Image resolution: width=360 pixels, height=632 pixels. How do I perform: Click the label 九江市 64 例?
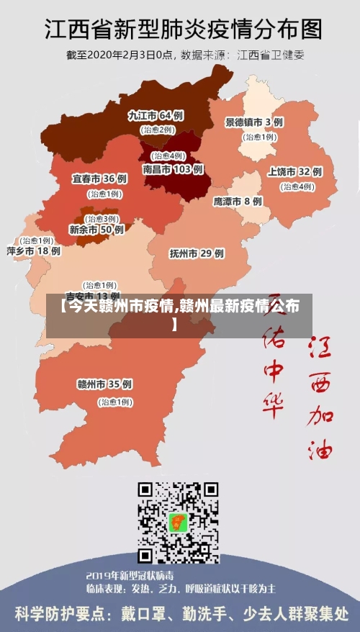(x=156, y=115)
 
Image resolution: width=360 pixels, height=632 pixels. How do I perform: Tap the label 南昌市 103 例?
(x=173, y=170)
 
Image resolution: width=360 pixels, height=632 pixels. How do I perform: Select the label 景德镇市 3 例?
(x=254, y=122)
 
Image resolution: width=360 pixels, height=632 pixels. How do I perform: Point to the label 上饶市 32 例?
(x=294, y=172)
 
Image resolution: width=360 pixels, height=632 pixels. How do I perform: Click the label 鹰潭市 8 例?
(x=238, y=202)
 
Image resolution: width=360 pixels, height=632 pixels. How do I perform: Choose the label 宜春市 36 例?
(x=99, y=179)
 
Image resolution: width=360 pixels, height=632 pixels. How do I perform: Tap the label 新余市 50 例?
(x=96, y=230)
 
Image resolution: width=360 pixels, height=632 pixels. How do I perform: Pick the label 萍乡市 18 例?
(x=33, y=251)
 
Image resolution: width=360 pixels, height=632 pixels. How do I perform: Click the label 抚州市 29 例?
(x=197, y=253)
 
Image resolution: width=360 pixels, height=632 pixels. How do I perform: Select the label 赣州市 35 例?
(x=104, y=384)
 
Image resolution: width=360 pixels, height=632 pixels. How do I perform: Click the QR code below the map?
(x=179, y=523)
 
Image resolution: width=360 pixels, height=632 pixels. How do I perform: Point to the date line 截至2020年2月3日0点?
(x=120, y=54)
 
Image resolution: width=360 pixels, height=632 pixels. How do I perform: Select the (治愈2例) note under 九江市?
(x=158, y=130)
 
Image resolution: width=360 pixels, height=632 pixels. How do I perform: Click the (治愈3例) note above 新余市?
(x=102, y=218)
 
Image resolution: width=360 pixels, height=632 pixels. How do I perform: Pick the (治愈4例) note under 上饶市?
(x=297, y=186)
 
